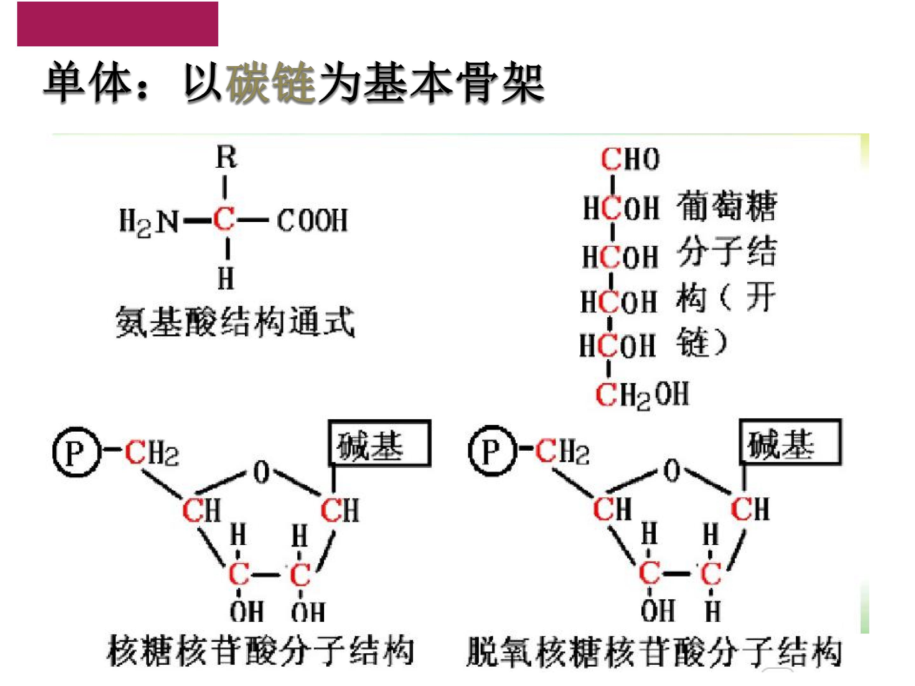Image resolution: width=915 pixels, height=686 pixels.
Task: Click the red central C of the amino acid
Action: point(224,219)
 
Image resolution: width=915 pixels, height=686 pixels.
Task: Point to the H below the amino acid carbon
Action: point(226,278)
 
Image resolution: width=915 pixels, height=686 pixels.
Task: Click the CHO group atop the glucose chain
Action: point(630,159)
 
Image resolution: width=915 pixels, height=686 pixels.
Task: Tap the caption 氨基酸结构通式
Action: point(235,322)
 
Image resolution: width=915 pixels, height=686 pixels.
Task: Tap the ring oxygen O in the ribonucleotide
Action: point(261,472)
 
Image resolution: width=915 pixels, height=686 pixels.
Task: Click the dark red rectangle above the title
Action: point(118,24)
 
